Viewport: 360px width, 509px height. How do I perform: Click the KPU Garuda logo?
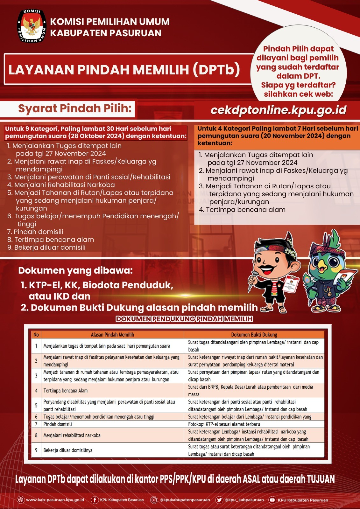(32, 26)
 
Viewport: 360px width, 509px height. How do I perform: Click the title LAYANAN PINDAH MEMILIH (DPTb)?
(124, 69)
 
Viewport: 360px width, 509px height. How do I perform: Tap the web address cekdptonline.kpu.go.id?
(279, 110)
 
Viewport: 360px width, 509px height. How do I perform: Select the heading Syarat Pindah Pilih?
(75, 108)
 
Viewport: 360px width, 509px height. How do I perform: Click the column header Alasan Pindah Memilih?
(112, 335)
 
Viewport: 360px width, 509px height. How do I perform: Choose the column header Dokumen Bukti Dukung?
(254, 335)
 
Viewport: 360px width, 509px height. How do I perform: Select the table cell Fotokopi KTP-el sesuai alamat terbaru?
(224, 424)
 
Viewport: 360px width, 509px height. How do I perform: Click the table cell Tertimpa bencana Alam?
(66, 391)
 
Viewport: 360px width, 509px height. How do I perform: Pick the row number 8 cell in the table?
(36, 435)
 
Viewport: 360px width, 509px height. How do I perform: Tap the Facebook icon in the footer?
(95, 500)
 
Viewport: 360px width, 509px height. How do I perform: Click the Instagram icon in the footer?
(154, 500)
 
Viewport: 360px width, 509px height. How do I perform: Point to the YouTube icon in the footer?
(272, 500)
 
